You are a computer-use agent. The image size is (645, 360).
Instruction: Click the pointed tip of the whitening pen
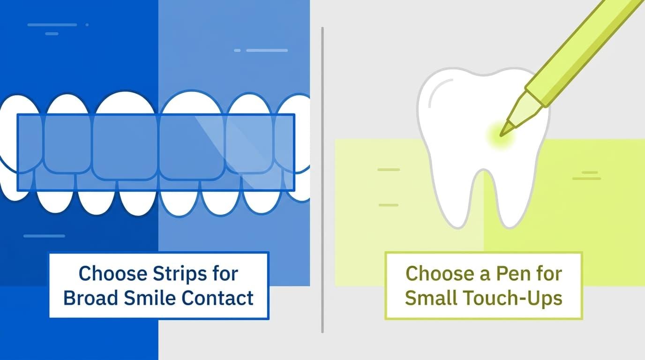pos(501,135)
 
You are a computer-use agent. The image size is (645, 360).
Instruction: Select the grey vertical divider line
pos(322,180)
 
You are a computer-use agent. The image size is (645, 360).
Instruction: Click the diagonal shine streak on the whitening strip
pos(239,153)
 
